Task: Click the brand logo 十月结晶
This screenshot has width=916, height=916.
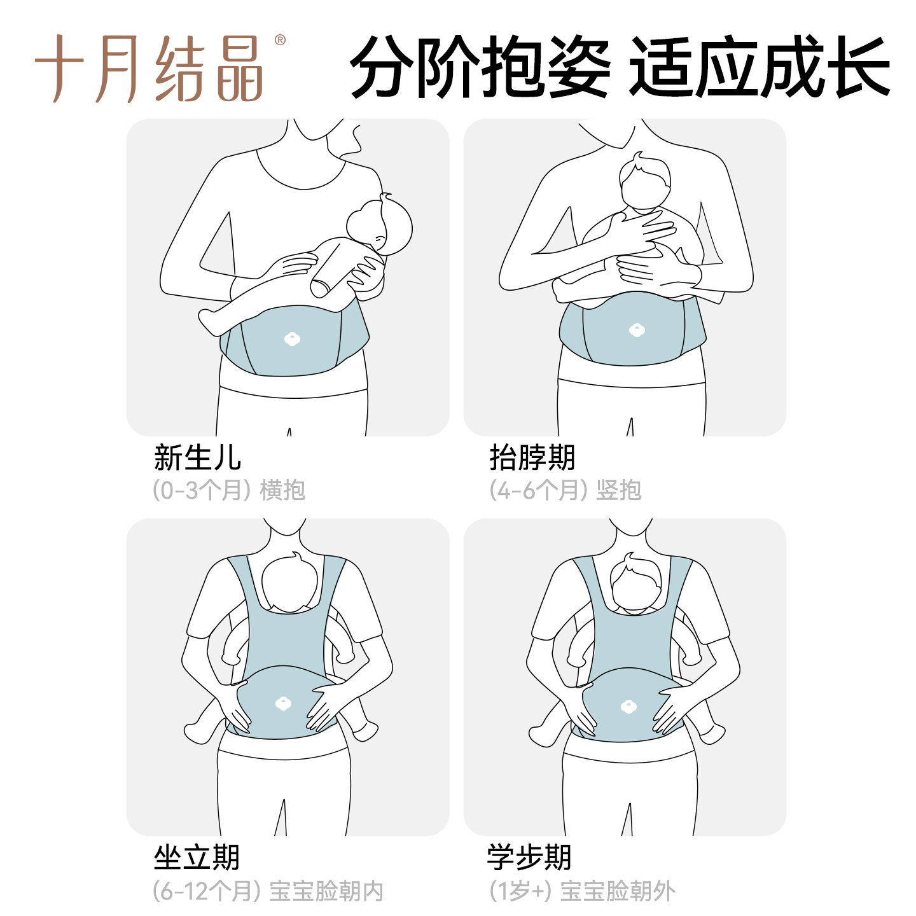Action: [x=149, y=69]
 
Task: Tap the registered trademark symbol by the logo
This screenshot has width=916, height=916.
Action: [x=280, y=40]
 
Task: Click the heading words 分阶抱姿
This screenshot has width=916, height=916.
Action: [x=480, y=67]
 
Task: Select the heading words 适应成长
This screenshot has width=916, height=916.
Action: [x=760, y=67]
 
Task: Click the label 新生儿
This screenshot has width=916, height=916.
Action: [x=197, y=457]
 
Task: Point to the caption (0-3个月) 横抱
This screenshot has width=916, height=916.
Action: [x=229, y=490]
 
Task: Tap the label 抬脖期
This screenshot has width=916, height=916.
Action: [x=532, y=457]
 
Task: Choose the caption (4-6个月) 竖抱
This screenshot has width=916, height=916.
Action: [x=566, y=490]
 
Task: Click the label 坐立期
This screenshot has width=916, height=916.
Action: [x=197, y=857]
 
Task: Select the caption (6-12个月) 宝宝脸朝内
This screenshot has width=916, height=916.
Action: [x=268, y=891]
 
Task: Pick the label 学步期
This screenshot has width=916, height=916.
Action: [x=529, y=857]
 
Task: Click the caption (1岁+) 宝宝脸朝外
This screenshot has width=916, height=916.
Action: [x=582, y=891]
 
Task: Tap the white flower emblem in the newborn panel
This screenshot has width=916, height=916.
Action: [x=292, y=339]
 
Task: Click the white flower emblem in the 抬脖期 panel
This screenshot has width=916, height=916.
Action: [x=637, y=330]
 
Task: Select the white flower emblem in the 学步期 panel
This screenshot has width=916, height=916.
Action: [x=628, y=707]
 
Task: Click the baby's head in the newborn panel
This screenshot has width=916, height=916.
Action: [x=380, y=226]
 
